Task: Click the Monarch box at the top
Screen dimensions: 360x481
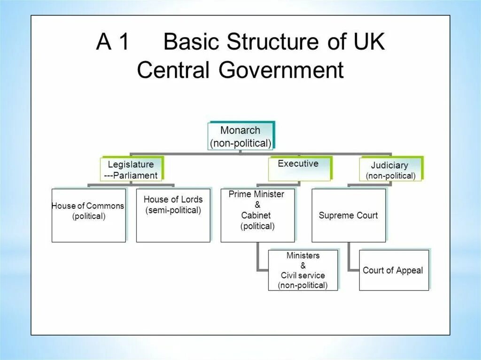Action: pyautogui.click(x=240, y=136)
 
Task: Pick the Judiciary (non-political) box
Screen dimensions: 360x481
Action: pyautogui.click(x=390, y=169)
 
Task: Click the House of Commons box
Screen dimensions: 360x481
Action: pyautogui.click(x=88, y=215)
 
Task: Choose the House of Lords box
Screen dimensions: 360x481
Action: pyautogui.click(x=173, y=215)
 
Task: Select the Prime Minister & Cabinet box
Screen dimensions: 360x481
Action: pyautogui.click(x=257, y=215)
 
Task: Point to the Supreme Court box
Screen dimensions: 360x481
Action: pyautogui.click(x=349, y=215)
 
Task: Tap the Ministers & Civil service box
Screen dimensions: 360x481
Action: pyautogui.click(x=303, y=270)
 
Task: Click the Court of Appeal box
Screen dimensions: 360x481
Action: pyautogui.click(x=394, y=270)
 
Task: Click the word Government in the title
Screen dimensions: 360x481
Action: pyautogui.click(x=280, y=70)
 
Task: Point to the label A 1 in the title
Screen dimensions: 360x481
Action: pyautogui.click(x=112, y=42)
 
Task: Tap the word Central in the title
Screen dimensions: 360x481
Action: pyautogui.click(x=172, y=70)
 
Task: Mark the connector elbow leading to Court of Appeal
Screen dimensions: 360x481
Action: pyautogui.click(x=350, y=269)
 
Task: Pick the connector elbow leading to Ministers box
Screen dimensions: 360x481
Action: pyautogui.click(x=258, y=269)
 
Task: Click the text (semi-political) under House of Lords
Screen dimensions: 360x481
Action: pyautogui.click(x=173, y=210)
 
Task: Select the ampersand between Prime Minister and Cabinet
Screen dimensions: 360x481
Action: pyautogui.click(x=257, y=205)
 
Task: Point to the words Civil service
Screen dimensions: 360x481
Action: pyautogui.click(x=303, y=276)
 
